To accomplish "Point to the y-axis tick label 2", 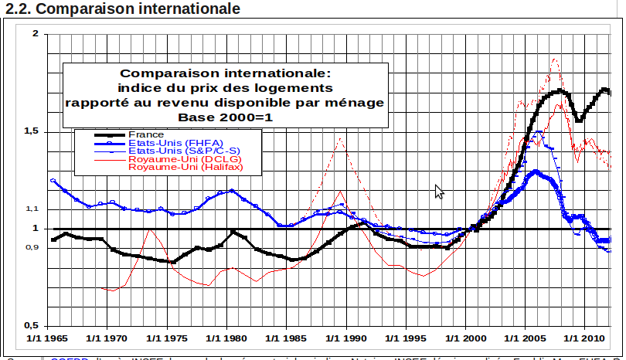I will (35, 34).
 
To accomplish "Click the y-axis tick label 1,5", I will (32, 131).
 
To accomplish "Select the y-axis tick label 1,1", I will (32, 209).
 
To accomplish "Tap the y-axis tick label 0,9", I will (32, 247).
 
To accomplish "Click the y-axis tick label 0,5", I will (32, 325).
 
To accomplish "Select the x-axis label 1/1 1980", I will (228, 338).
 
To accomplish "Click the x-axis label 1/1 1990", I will (349, 338).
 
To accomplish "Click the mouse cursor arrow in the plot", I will (439, 191).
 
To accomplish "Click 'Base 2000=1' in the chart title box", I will (226, 117).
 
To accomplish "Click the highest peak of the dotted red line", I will (554, 59).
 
